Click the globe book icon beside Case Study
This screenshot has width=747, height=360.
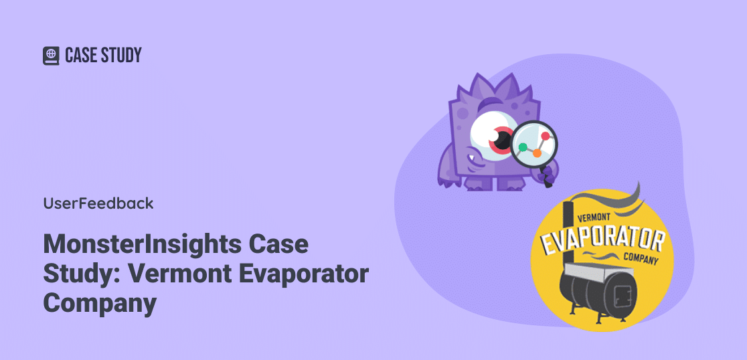(x=51, y=56)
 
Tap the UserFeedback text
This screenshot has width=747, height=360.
(x=98, y=203)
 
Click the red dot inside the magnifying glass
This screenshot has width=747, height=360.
(x=546, y=137)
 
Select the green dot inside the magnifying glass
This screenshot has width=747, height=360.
(x=523, y=147)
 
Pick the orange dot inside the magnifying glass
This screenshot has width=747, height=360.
(x=537, y=153)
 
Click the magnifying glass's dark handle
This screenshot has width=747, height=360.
(x=546, y=176)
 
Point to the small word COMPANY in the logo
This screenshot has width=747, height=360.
(x=641, y=258)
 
